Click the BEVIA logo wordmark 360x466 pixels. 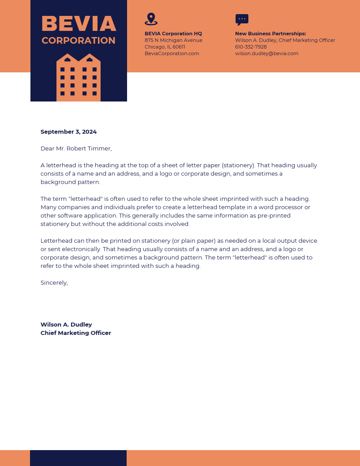pyautogui.click(x=79, y=24)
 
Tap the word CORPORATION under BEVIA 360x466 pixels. pyautogui.click(x=79, y=41)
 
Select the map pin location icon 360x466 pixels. pyautogui.click(x=151, y=19)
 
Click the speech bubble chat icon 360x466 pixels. pyautogui.click(x=242, y=19)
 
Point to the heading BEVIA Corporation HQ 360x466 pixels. pyautogui.click(x=173, y=34)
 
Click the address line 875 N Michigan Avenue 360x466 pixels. pyautogui.click(x=173, y=40)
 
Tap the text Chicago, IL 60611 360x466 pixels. pyautogui.click(x=165, y=47)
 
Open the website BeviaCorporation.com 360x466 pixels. pyautogui.click(x=172, y=53)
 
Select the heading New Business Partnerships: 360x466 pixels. pyautogui.click(x=270, y=34)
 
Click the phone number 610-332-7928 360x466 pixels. pyautogui.click(x=251, y=47)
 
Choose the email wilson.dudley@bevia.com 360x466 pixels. pyautogui.click(x=266, y=53)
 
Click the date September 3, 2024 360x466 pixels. pyautogui.click(x=68, y=132)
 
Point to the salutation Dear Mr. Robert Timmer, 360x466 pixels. pyautogui.click(x=76, y=148)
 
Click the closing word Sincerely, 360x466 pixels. pyautogui.click(x=54, y=282)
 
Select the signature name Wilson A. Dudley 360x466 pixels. pyautogui.click(x=66, y=324)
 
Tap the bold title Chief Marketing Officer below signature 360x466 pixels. pyautogui.click(x=75, y=333)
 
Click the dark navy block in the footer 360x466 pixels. pyautogui.click(x=78, y=458)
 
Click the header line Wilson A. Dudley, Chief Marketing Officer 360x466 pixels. pyautogui.click(x=285, y=40)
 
